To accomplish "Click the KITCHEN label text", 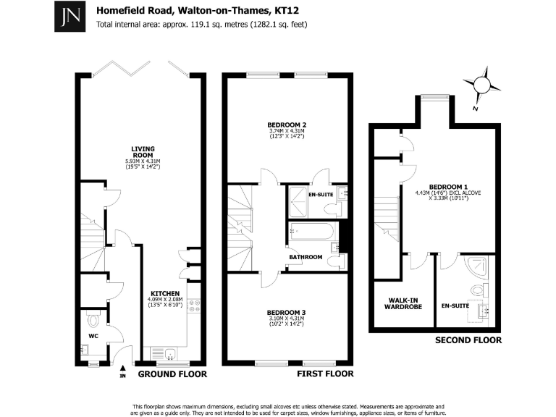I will [x=165, y=294].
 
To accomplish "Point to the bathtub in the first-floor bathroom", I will [x=312, y=233].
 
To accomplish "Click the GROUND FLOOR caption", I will [x=172, y=374].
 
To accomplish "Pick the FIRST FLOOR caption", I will [x=326, y=374].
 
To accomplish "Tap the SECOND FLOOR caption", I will [x=468, y=340].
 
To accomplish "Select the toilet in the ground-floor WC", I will [x=93, y=319].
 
